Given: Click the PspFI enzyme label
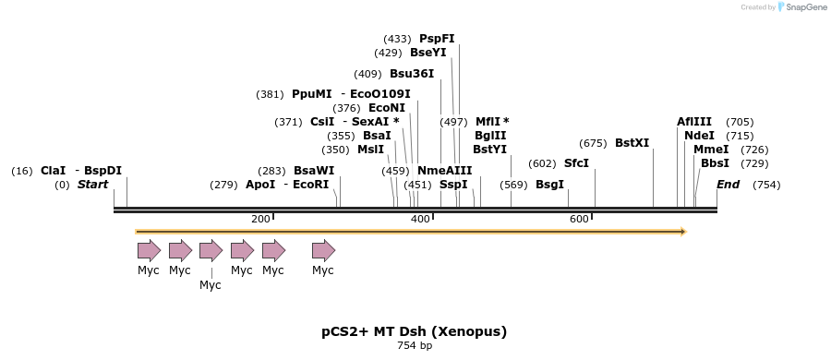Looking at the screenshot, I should pos(437,39).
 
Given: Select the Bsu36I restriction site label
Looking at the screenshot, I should pos(411,74).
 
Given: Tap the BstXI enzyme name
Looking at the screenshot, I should pos(632,143).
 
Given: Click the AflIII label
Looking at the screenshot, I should pos(694,122).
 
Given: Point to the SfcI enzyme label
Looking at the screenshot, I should pos(576,163).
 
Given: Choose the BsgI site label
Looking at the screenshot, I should pos(549,185).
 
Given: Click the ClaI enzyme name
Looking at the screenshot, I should pos(53,171).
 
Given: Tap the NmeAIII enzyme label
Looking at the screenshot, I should pos(444,171).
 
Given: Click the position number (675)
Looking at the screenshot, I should pos(593,143).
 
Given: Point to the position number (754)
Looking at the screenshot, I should pos(766,185).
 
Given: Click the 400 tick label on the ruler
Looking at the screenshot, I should pos(420,219).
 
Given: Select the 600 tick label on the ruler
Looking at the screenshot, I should pos(579,219).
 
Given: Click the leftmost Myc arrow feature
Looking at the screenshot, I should pos(148,250).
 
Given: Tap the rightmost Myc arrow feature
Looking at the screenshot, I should pos(322,250).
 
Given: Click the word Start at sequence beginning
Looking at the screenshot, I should pos(92,185).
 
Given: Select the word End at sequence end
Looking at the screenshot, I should pos(728,185).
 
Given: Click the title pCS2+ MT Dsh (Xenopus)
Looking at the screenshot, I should pos(415,330).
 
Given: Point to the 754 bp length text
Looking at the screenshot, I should pos(415,346).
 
